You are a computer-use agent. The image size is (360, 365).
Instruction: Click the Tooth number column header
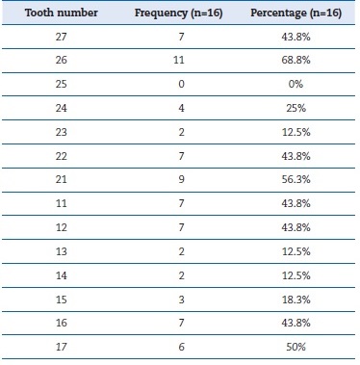pos(62,13)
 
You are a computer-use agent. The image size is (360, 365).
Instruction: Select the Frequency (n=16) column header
pos(179,13)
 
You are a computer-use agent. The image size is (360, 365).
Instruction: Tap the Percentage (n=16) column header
pos(296,13)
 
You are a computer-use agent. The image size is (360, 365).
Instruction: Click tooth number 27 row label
pos(62,37)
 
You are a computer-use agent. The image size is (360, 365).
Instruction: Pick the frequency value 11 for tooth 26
pos(179,60)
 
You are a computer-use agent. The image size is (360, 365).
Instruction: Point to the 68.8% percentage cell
pos(296,60)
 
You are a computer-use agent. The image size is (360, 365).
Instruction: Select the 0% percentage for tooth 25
pos(296,84)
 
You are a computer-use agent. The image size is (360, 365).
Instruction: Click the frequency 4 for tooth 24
pos(181,108)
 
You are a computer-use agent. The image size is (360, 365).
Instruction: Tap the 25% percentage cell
pos(296,108)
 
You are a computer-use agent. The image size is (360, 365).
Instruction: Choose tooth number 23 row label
pos(62,132)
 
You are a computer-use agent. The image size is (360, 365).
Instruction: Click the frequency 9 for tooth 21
pos(181,179)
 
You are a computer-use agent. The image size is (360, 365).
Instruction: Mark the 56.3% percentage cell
pos(296,179)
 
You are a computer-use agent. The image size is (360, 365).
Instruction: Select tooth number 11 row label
pos(62,203)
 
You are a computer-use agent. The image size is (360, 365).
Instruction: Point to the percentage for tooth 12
pos(296,227)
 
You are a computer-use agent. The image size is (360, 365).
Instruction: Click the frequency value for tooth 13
pos(181,251)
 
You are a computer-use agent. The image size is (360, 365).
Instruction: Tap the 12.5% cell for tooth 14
pos(296,275)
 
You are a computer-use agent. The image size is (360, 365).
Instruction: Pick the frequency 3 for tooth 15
pos(181,300)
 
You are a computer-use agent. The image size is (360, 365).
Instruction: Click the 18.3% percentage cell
pos(296,300)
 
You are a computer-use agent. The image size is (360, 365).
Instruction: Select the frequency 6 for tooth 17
pos(181,347)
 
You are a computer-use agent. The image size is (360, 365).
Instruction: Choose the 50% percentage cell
pos(296,347)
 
